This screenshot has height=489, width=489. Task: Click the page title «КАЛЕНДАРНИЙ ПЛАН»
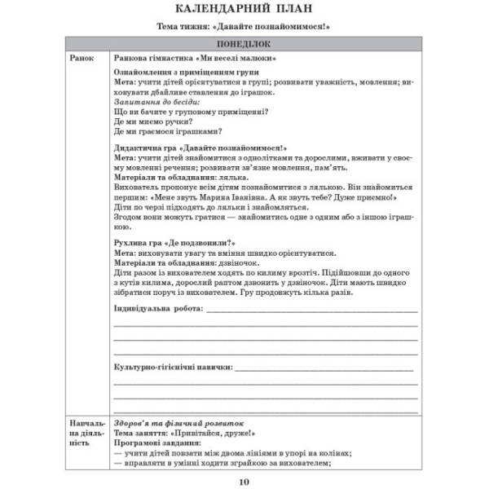[244, 11]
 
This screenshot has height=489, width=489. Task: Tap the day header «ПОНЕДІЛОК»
[244, 44]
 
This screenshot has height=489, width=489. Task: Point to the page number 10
[244, 480]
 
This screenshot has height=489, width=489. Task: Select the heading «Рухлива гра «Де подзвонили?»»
[175, 242]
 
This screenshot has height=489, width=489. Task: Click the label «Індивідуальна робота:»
[159, 311]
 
